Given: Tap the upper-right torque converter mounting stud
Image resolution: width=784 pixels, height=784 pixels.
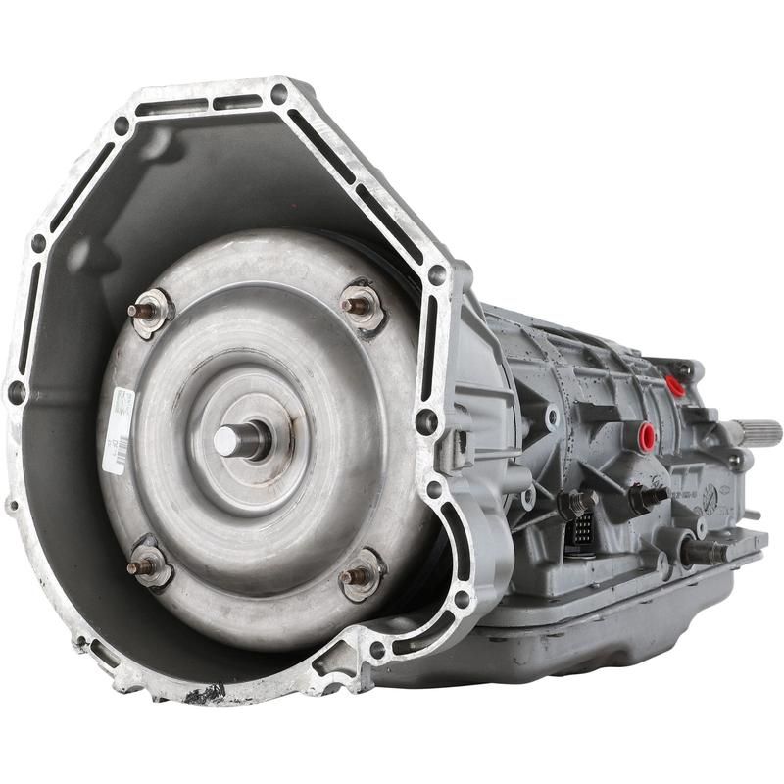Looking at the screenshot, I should pos(359,305).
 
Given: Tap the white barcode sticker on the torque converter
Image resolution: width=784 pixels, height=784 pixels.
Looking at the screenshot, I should pos(119,430).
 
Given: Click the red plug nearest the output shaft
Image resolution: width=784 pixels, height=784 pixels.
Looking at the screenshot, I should pos(674,385).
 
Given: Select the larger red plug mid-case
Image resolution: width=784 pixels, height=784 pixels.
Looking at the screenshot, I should pos(647,435).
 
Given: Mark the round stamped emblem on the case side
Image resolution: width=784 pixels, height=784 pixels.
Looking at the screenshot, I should pos(710,493).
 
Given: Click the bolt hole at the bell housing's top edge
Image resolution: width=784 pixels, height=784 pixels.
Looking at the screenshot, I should pos(278,95).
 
